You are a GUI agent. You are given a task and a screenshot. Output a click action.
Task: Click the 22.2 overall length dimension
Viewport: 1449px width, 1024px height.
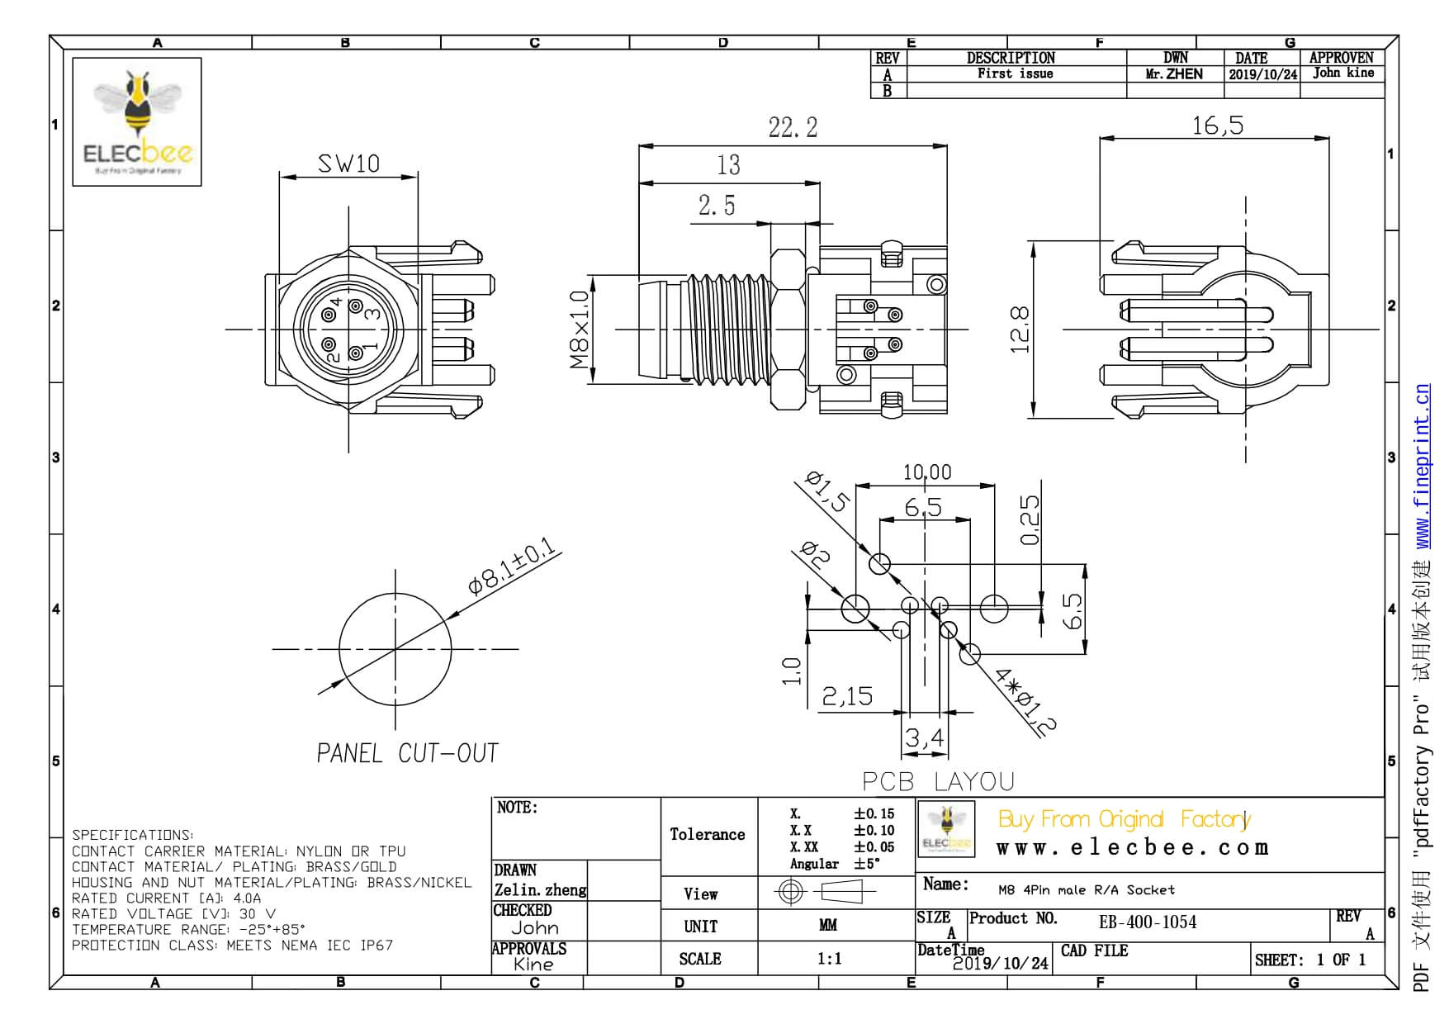tap(793, 127)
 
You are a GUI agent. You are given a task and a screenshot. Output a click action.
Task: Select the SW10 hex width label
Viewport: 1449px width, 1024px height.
tap(348, 164)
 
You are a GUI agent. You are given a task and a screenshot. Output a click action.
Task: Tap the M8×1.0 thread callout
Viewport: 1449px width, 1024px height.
tap(580, 329)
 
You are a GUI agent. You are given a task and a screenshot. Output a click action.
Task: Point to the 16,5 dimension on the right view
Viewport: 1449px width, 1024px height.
tap(1217, 126)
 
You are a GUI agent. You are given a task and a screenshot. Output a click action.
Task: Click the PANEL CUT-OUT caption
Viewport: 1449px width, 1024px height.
tap(408, 753)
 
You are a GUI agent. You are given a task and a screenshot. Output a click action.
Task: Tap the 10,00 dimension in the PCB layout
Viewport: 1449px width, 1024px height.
tap(926, 472)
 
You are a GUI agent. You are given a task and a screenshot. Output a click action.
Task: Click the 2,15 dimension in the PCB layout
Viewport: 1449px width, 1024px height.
tap(847, 697)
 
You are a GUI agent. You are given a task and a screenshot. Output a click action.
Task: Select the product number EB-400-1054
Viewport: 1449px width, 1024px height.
tap(1147, 922)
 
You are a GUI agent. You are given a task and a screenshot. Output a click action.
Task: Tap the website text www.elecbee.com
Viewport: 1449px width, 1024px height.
tap(1132, 848)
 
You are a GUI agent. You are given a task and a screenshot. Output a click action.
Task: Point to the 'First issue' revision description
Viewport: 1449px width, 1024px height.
tap(1015, 73)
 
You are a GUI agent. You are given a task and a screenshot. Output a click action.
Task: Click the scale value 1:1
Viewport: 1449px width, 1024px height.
tap(829, 959)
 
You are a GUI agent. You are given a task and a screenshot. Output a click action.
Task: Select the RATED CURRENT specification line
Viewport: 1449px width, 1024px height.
tap(166, 898)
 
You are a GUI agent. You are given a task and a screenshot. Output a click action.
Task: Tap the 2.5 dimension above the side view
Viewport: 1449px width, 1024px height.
tap(716, 206)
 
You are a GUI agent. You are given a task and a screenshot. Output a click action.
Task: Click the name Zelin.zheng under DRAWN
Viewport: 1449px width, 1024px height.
tap(540, 890)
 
